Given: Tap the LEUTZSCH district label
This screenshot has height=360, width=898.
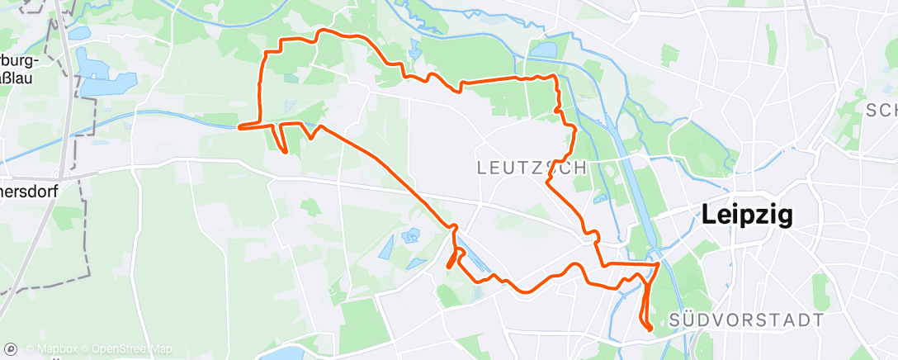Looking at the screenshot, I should coord(532,168).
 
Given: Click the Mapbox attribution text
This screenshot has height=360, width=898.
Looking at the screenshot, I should coord(57,349).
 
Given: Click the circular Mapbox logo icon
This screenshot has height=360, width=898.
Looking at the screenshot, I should coord(12,349).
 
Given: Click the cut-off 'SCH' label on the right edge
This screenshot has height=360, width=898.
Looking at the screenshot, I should coord(881,110).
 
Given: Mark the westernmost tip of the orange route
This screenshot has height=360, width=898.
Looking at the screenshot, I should coord(239,127).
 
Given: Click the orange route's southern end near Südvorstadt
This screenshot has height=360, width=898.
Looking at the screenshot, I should coord(650,329).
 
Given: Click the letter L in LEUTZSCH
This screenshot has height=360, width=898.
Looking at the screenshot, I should coord(483,168).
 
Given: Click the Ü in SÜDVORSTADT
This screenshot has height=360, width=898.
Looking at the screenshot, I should coord(692,320).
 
